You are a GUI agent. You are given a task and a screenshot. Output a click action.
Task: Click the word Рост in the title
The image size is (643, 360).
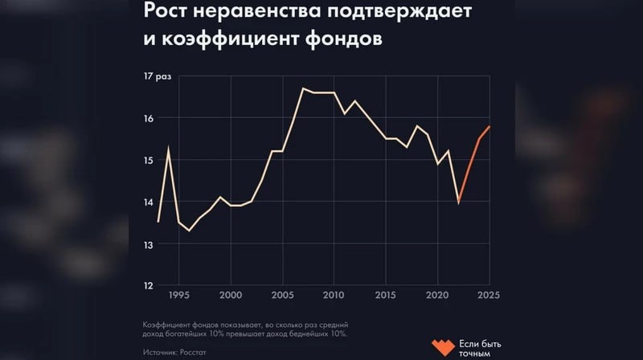166,12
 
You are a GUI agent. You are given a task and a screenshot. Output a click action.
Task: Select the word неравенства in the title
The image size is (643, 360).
256,12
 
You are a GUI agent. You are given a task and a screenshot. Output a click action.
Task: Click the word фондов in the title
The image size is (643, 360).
340,39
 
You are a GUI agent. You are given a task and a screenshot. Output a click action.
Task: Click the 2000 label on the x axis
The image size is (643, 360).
231,295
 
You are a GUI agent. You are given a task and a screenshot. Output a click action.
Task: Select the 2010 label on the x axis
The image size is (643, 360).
334,295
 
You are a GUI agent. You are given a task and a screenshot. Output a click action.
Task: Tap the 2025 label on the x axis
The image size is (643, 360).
488,295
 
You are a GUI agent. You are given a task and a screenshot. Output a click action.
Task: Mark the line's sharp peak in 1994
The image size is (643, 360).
168,146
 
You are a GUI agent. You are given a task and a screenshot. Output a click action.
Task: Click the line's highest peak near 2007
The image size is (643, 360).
303,88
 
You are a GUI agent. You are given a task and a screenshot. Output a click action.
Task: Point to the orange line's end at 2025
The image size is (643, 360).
489,127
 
